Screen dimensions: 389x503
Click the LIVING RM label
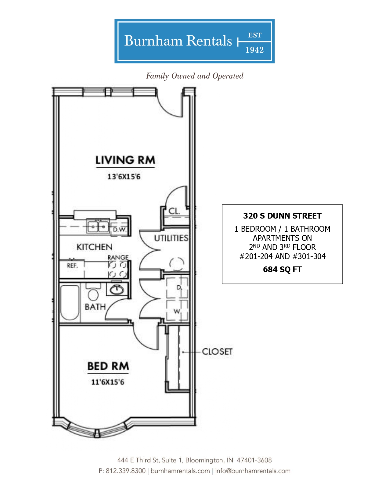point(125,160)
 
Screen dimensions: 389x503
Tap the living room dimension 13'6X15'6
point(124,177)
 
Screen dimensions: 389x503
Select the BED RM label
point(108,366)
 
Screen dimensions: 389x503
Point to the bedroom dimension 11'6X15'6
point(108,382)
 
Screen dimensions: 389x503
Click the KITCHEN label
point(95,247)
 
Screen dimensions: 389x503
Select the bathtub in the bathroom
point(70,302)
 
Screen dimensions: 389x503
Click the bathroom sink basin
point(117,289)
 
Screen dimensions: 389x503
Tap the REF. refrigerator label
point(72,266)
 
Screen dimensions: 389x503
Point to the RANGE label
point(118,257)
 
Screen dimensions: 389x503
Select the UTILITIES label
point(171,238)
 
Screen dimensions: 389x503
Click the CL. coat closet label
point(174,211)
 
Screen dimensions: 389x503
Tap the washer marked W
point(177,310)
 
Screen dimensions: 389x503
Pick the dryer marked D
point(177,287)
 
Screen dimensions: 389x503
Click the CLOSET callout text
point(217,351)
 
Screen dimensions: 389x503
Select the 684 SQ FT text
point(282,269)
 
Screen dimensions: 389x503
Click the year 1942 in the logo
point(255,50)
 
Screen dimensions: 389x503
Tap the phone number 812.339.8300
point(126,471)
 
